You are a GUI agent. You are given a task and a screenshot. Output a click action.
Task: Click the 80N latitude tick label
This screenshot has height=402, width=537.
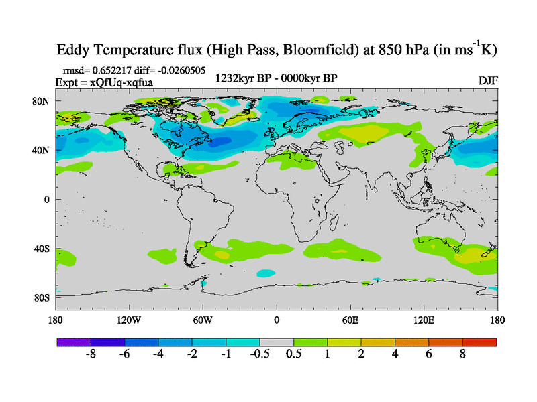click(x=42, y=101)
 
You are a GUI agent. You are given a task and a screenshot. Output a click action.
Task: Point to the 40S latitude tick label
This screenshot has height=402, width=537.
click(x=42, y=249)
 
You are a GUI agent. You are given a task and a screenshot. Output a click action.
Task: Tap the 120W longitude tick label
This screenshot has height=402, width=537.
click(x=129, y=320)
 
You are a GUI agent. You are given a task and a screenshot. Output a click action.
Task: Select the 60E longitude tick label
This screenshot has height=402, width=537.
click(x=350, y=320)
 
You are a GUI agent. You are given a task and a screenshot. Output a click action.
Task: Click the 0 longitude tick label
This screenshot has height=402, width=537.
click(x=277, y=320)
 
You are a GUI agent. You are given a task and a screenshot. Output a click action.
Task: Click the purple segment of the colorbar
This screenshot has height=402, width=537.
click(x=74, y=342)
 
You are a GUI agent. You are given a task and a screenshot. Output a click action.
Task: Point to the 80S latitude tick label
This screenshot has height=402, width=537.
click(x=43, y=298)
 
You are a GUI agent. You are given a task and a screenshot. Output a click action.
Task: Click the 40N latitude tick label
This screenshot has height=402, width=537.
click(x=42, y=151)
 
